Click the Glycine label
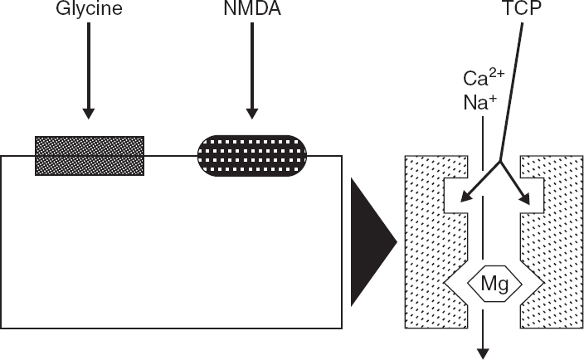(x=89, y=11)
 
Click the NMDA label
(x=252, y=11)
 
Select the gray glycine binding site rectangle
(x=89, y=155)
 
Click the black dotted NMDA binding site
(x=252, y=155)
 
